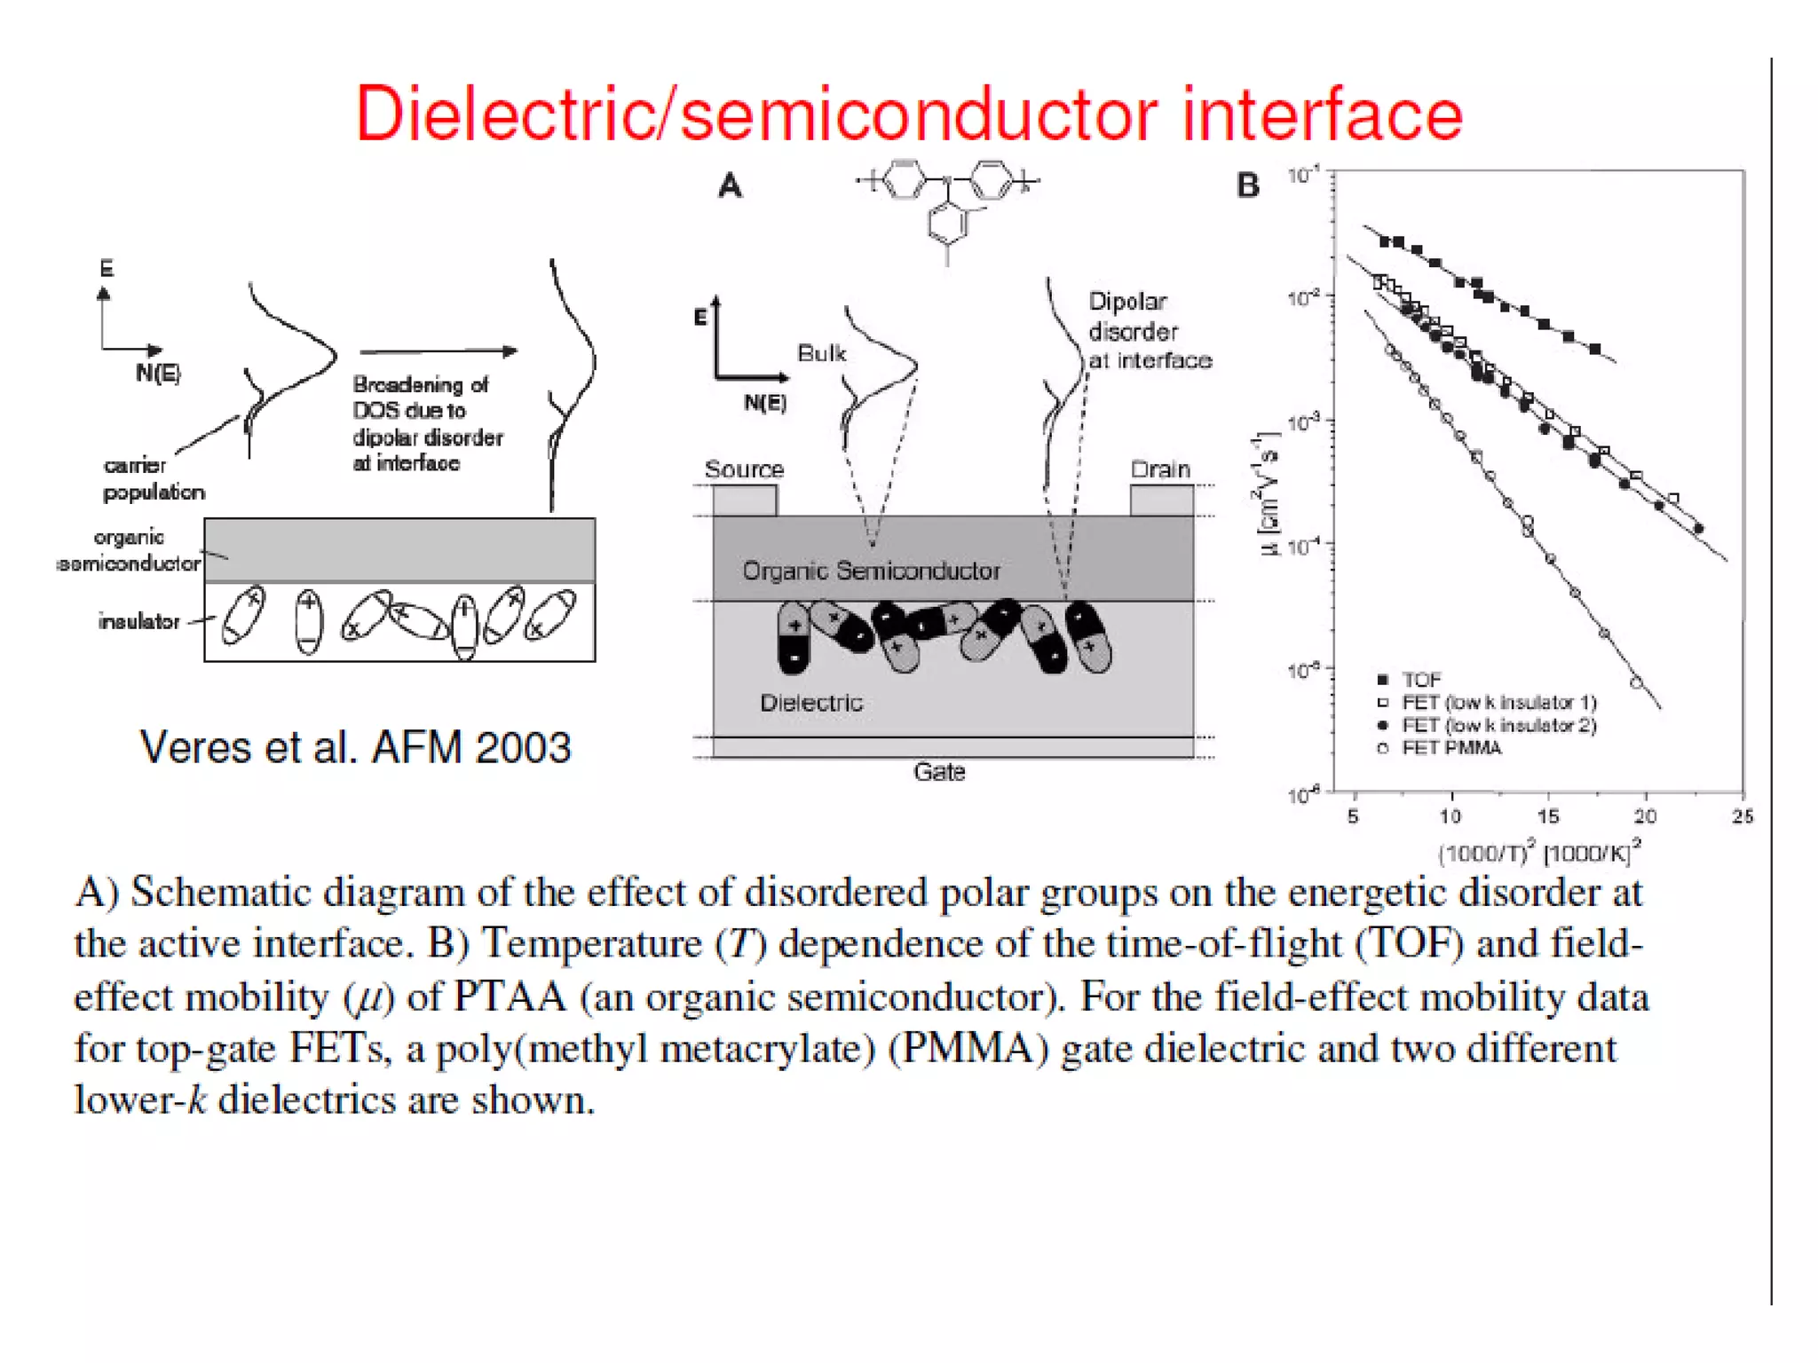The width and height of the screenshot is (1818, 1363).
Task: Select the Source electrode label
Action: point(744,469)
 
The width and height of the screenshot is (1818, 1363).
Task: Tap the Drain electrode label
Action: point(1159,469)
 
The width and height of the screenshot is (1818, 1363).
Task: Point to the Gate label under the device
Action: point(939,772)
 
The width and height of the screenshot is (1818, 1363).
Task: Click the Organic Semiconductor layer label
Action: point(871,571)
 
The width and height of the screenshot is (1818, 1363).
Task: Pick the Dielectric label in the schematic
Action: point(811,703)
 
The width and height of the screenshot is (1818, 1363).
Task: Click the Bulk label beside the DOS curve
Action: point(821,353)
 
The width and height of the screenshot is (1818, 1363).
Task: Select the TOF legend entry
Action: point(1420,680)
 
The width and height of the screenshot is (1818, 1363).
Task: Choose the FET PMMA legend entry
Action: point(1450,748)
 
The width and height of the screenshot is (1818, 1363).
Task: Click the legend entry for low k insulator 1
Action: point(1498,703)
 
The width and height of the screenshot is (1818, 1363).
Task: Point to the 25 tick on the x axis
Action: point(1743,816)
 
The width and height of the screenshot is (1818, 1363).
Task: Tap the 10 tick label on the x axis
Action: point(1450,816)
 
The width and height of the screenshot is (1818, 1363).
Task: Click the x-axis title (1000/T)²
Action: point(1538,853)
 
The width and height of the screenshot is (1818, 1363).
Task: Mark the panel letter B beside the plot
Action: point(1248,185)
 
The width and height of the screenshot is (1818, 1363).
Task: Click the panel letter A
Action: point(730,186)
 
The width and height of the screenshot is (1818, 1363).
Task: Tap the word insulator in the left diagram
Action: point(139,621)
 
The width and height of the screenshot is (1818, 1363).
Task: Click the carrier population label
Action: point(153,478)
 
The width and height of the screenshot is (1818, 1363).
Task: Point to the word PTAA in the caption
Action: point(510,997)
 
